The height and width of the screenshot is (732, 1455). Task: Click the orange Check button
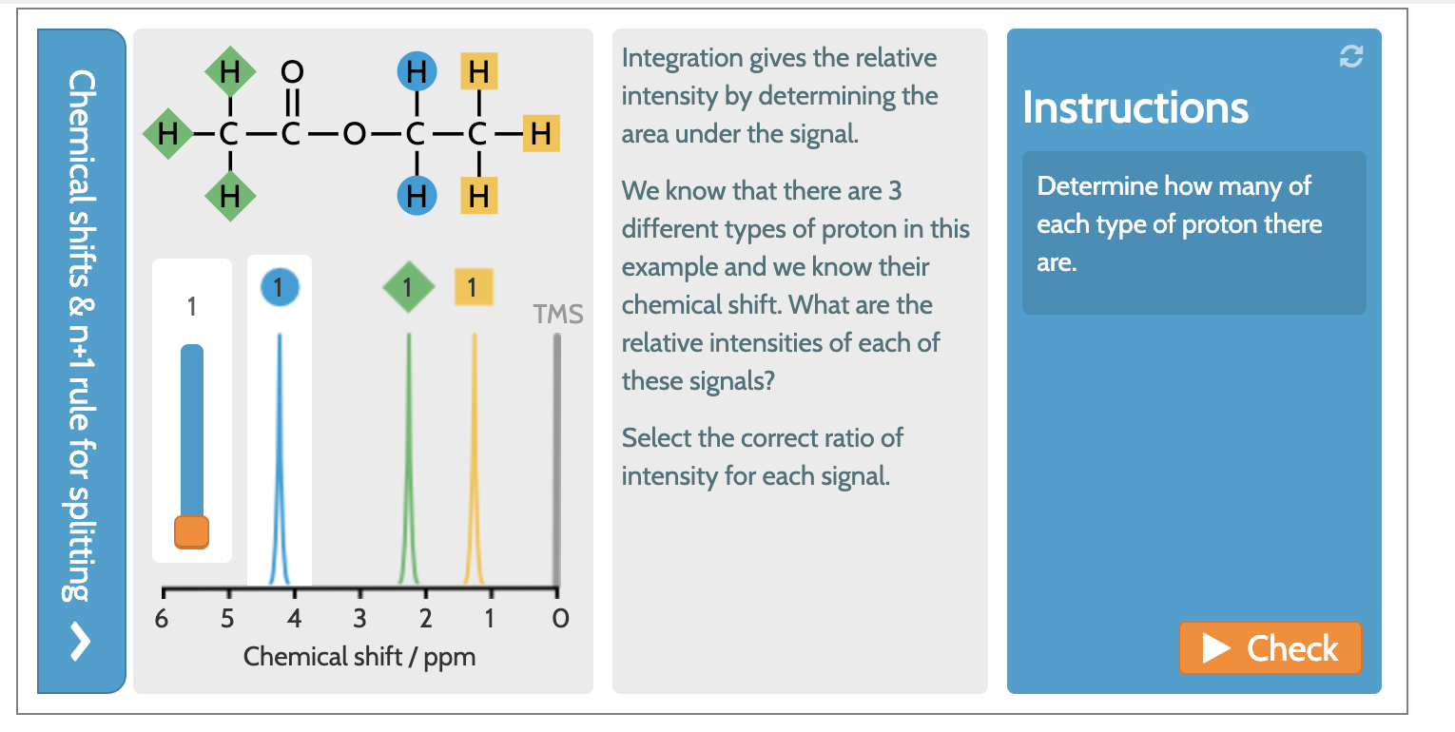pos(1271,648)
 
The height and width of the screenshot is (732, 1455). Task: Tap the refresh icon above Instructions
pos(1350,57)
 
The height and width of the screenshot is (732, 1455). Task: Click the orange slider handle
pos(191,531)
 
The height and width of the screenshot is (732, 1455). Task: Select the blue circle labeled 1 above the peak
pos(279,286)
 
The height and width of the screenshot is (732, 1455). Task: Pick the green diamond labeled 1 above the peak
pos(408,286)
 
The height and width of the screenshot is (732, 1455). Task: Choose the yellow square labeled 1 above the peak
pos(473,286)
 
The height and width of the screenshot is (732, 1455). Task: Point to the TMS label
pos(558,315)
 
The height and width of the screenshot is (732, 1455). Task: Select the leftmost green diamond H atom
pos(167,134)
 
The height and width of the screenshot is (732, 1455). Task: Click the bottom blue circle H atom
pos(416,196)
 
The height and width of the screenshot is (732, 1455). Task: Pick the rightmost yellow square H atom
pos(540,134)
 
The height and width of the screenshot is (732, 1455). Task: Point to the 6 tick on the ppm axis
pos(162,620)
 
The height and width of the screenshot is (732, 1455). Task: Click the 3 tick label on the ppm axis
pos(359,620)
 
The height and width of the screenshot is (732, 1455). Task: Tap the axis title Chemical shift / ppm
pos(359,657)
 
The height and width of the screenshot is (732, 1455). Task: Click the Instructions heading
pos(1135,107)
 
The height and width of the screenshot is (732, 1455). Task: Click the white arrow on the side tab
pos(81,644)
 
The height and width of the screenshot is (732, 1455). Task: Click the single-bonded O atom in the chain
pos(354,134)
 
